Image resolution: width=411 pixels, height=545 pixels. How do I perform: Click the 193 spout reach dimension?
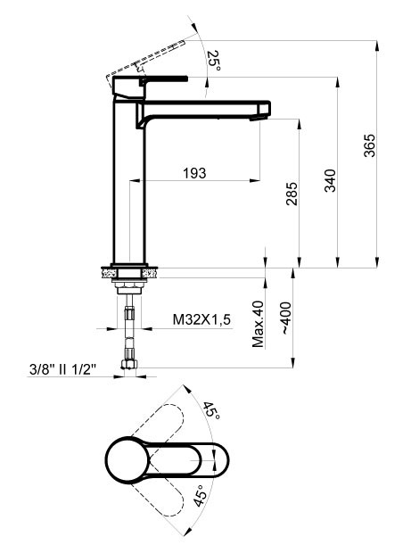pyautogui.click(x=192, y=172)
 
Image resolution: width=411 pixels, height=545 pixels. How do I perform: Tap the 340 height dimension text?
pyautogui.click(x=330, y=181)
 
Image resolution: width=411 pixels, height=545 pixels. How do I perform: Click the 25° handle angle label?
pyautogui.click(x=212, y=60)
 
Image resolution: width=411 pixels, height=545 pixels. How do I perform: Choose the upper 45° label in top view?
pyautogui.click(x=210, y=411)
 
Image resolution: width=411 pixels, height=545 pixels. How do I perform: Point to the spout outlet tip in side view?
pyautogui.click(x=261, y=111)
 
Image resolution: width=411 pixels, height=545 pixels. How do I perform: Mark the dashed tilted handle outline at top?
pyautogui.click(x=152, y=59)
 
